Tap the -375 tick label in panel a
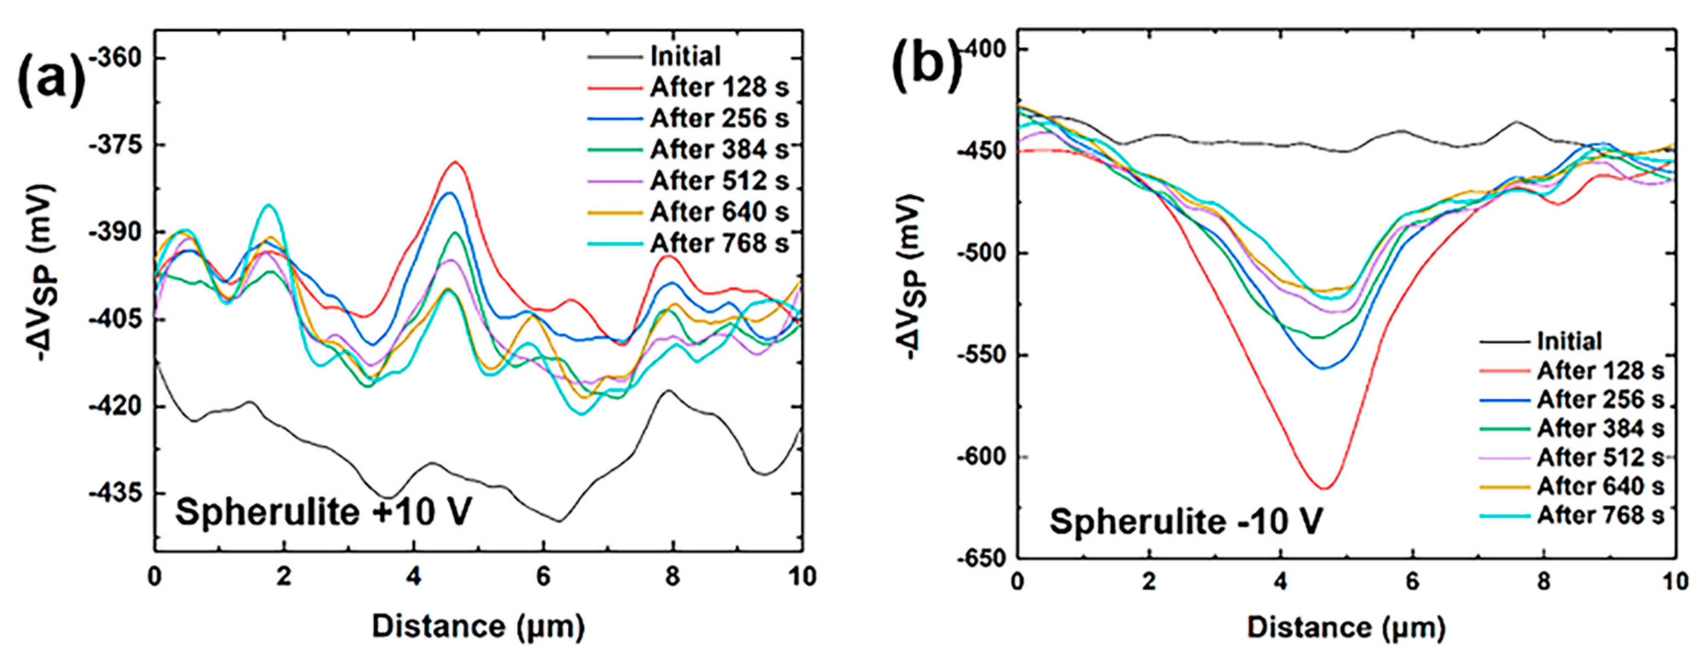click(117, 145)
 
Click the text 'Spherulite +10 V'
click(324, 513)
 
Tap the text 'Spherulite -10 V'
click(1186, 521)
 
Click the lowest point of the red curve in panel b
click(1323, 488)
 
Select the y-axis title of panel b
click(914, 278)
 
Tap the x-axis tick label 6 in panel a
click(544, 577)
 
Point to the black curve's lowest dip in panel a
click(559, 521)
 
